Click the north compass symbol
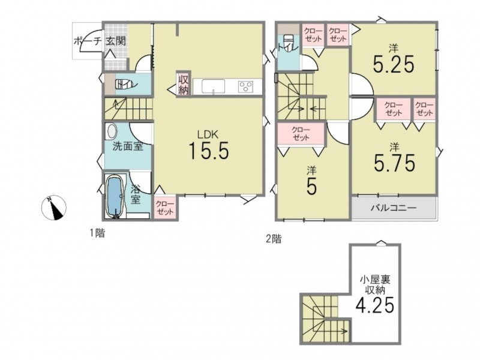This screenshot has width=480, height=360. pyautogui.click(x=54, y=208)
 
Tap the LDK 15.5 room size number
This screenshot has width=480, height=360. pyautogui.click(x=208, y=151)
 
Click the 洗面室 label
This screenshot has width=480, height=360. pyautogui.click(x=128, y=146)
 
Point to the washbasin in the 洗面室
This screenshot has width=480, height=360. pyautogui.click(x=112, y=132)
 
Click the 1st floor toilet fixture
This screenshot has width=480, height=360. pyautogui.click(x=125, y=84)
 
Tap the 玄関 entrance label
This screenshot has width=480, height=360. pyautogui.click(x=116, y=41)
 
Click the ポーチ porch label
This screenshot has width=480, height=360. pyautogui.click(x=87, y=41)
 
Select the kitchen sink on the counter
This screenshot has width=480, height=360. pyautogui.click(x=213, y=86)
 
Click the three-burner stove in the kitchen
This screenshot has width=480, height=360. pyautogui.click(x=246, y=86)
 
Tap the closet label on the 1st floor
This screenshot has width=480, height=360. pyautogui.click(x=165, y=208)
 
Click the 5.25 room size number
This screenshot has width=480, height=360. pyautogui.click(x=394, y=64)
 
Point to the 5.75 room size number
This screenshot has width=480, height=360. pyautogui.click(x=394, y=163)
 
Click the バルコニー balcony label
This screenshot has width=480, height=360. pyautogui.click(x=394, y=208)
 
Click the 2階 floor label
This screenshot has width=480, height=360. pyautogui.click(x=274, y=238)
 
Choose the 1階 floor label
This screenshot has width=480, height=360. pyautogui.click(x=97, y=233)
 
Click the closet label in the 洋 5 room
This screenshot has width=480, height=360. pyautogui.click(x=301, y=134)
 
